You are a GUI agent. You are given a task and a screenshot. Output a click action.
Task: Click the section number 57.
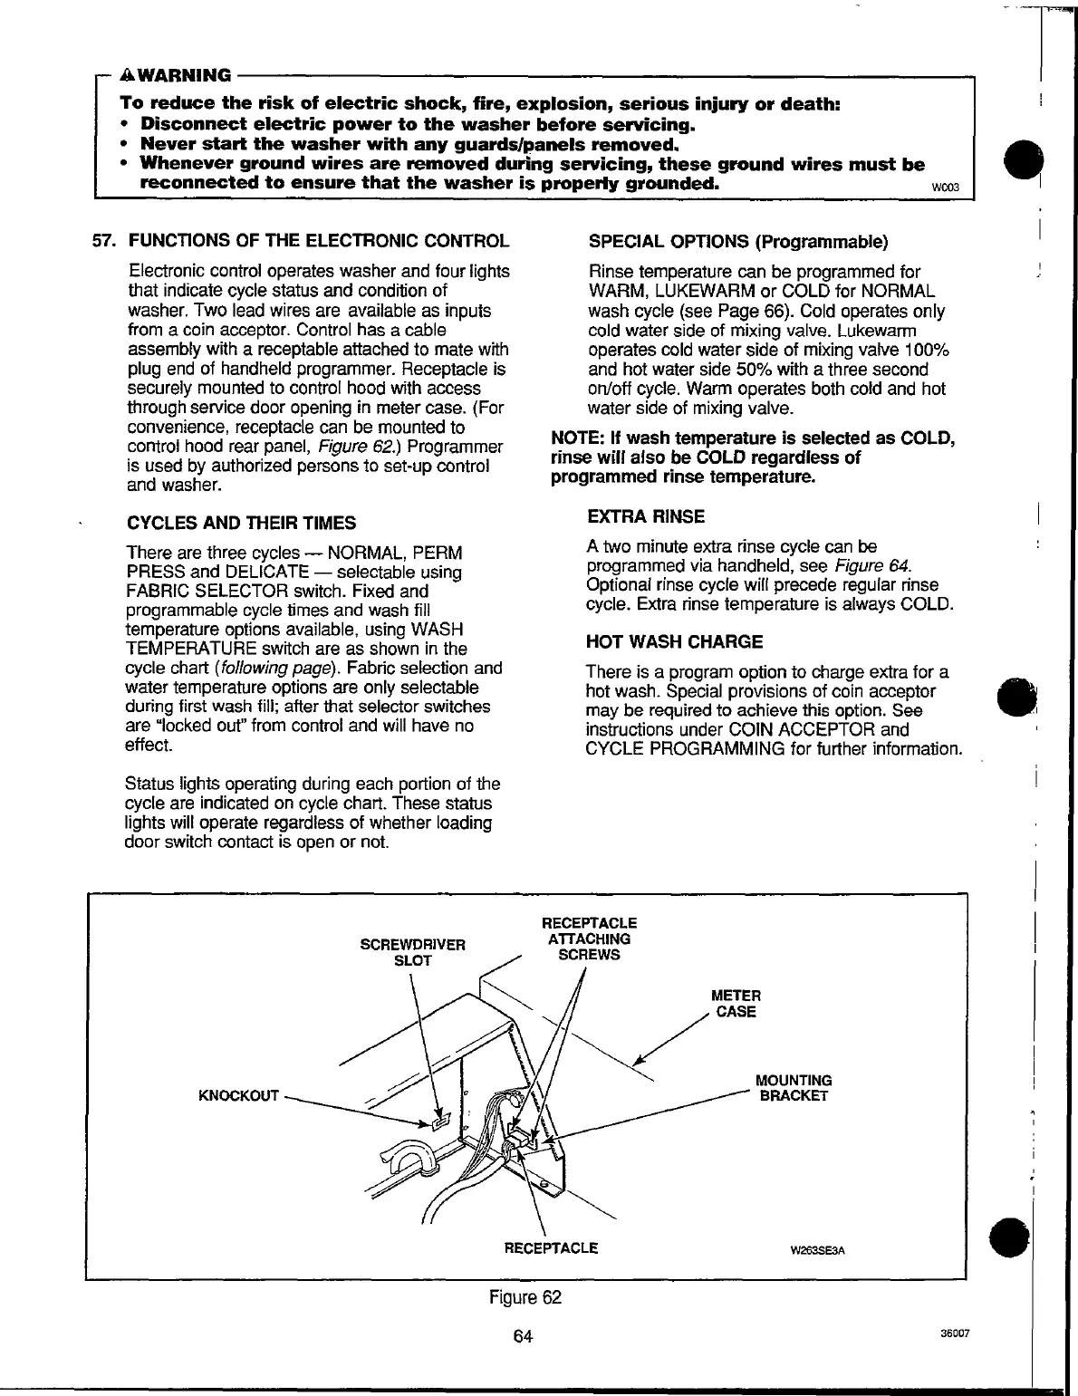coord(107,242)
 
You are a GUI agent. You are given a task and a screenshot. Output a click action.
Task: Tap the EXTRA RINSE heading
coord(646,516)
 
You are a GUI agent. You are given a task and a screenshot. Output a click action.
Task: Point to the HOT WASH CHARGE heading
coord(675,641)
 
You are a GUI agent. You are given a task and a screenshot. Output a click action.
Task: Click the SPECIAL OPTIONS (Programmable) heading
coord(738,242)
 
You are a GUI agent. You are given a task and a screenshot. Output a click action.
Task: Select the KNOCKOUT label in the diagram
coord(238,1096)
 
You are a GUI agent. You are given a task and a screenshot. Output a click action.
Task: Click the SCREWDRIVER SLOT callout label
coord(412,952)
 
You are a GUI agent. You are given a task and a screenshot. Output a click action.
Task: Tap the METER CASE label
coord(736,1004)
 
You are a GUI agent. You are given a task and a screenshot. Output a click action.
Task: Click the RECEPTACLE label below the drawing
coord(551,1247)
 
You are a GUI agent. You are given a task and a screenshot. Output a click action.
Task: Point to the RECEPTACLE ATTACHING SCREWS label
coord(589,939)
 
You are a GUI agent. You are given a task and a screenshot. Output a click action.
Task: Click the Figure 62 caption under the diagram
coord(525,1297)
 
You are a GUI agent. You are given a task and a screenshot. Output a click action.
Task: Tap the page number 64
coord(522,1336)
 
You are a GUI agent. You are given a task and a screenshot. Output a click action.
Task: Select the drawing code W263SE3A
coord(817,1251)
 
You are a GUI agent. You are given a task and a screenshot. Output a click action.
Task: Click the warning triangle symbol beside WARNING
coord(128,74)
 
